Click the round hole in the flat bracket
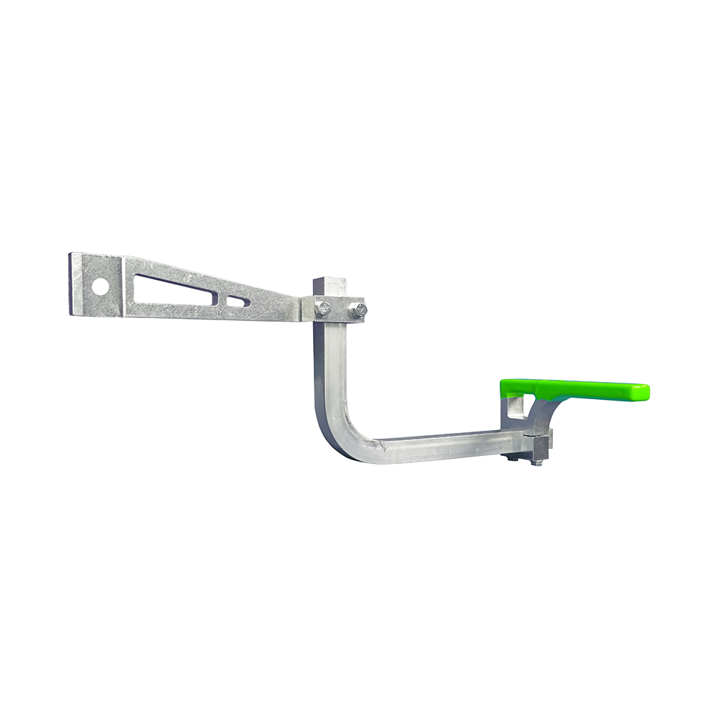coord(101,286)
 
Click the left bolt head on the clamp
coord(322,309)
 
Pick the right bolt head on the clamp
coord(357,310)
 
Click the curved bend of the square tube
coord(341,435)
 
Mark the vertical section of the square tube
coord(330,366)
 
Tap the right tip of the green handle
coord(645,393)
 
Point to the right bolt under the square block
coord(536,462)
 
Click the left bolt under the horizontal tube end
coord(510,457)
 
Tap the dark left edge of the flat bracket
coord(71,284)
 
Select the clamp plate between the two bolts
coord(340,309)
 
